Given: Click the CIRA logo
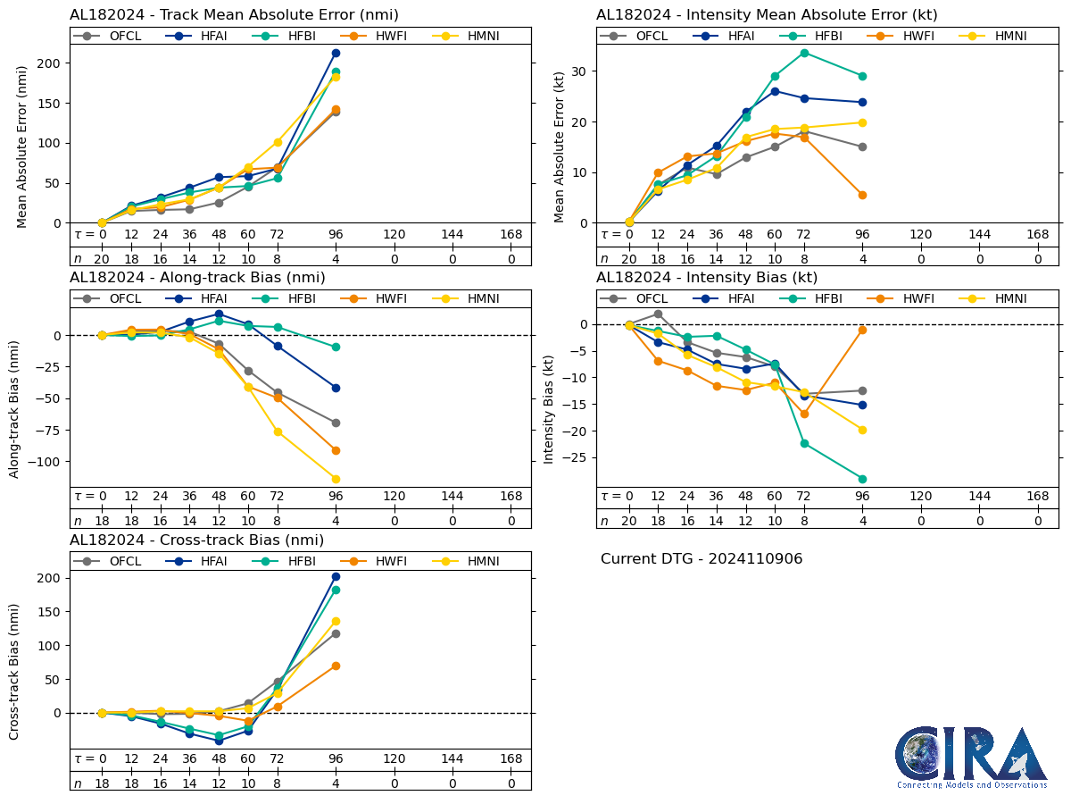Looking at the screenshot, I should pyautogui.click(x=971, y=757).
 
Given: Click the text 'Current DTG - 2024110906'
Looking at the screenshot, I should pyautogui.click(x=702, y=559).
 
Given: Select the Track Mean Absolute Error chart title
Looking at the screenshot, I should pyautogui.click(x=234, y=15).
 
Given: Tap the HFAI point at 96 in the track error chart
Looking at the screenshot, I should pyautogui.click(x=336, y=53).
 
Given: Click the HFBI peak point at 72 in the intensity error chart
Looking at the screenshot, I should pyautogui.click(x=804, y=53).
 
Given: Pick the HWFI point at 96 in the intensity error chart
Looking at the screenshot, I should pyautogui.click(x=862, y=195).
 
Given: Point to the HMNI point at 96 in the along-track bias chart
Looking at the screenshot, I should pyautogui.click(x=336, y=479).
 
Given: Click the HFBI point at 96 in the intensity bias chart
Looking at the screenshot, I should pyautogui.click(x=862, y=479).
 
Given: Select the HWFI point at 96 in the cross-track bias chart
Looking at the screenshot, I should pyautogui.click(x=336, y=666).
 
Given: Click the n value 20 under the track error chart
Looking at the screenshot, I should pyautogui.click(x=102, y=258).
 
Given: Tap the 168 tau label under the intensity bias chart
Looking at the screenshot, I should pyautogui.click(x=1037, y=497).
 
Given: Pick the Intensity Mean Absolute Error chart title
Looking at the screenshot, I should pyautogui.click(x=767, y=15).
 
